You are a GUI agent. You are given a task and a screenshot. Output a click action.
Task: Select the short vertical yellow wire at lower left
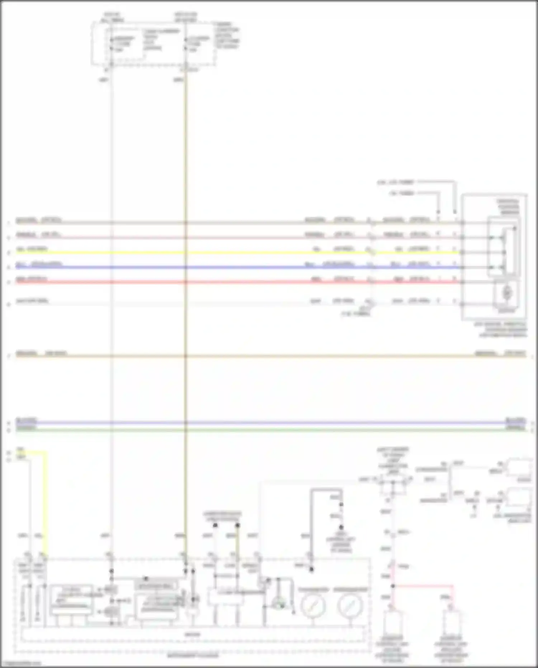pyautogui.click(x=46, y=503)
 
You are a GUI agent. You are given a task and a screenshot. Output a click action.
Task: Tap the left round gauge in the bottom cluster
pyautogui.click(x=313, y=605)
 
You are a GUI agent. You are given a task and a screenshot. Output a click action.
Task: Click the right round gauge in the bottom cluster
pyautogui.click(x=350, y=605)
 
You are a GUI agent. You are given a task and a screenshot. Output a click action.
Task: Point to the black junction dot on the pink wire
pyautogui.click(x=393, y=586)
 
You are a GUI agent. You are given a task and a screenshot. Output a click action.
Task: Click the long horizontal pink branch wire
pyautogui.click(x=423, y=586)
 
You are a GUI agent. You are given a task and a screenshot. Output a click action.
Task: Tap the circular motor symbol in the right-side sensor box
pyautogui.click(x=507, y=293)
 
